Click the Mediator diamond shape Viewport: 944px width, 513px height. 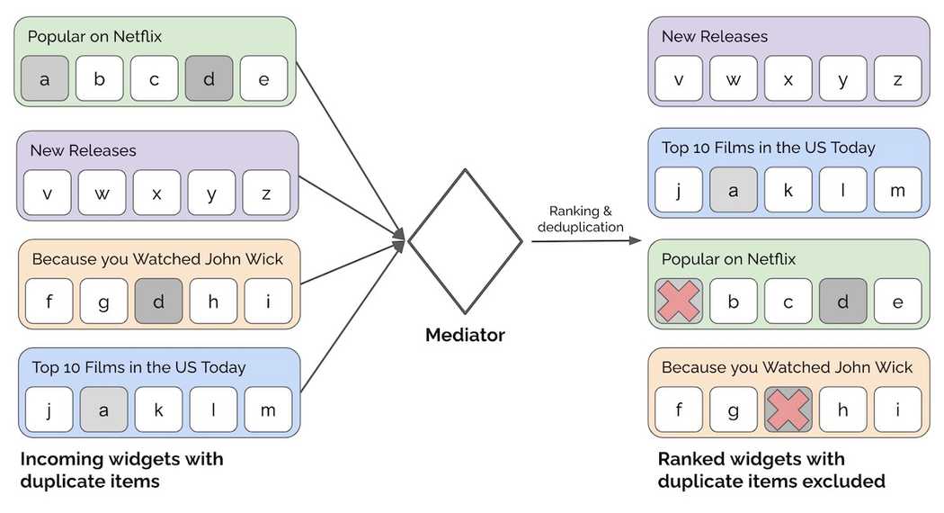pos(465,241)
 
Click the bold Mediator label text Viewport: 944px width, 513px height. pos(465,336)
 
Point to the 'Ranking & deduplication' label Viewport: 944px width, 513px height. pos(580,219)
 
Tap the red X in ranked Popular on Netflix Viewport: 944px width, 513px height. pos(679,301)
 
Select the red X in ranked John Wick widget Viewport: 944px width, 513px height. pos(788,409)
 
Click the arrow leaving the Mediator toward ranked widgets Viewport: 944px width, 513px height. pos(584,241)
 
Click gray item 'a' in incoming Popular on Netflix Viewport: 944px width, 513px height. pos(44,79)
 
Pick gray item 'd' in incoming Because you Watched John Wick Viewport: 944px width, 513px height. pos(158,301)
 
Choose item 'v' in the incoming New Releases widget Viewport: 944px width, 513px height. pos(47,193)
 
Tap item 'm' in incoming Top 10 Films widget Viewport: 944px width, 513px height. pos(268,409)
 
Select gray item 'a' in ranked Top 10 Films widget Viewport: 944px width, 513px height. pos(734,190)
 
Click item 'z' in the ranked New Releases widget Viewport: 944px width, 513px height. pos(897,79)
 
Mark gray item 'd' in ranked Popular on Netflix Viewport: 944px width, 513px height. pos(843,301)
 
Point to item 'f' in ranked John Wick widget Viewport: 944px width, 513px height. pos(679,409)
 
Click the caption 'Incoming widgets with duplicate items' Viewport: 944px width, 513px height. pos(121,470)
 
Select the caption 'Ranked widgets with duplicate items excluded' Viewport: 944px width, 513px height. pos(770,470)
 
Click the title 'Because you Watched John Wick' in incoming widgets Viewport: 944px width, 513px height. pos(157,259)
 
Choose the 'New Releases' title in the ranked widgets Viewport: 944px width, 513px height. pos(715,37)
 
